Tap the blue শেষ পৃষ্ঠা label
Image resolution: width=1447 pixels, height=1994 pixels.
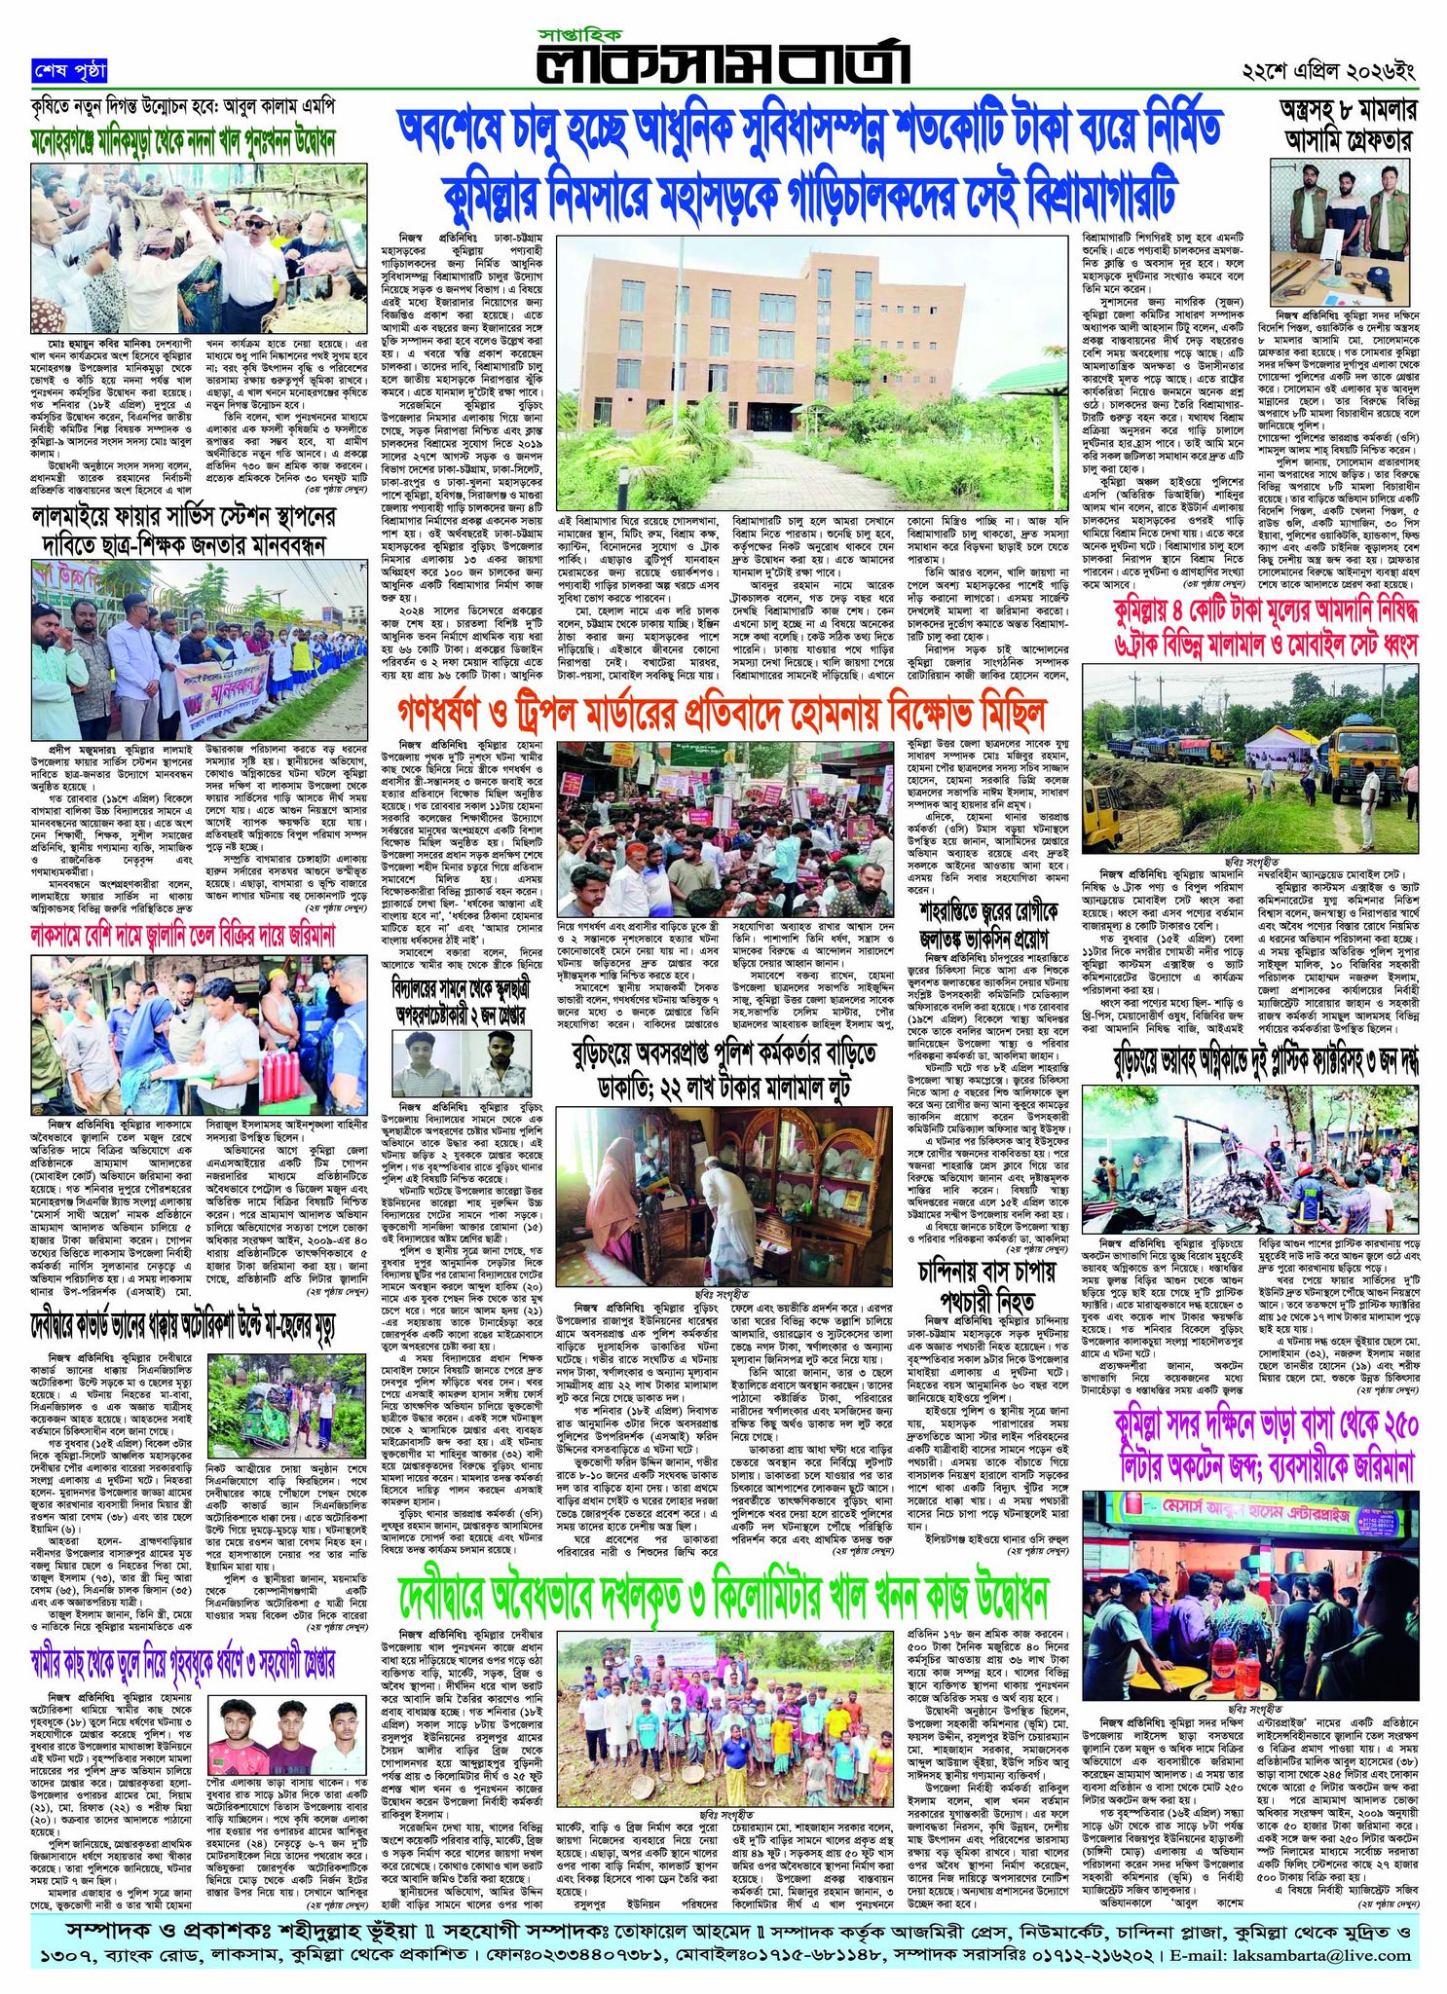coord(68,72)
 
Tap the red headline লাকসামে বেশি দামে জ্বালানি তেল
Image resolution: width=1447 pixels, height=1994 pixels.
coord(183,938)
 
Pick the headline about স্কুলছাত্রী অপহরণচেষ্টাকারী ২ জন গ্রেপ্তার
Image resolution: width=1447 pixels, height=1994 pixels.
coord(459,997)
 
